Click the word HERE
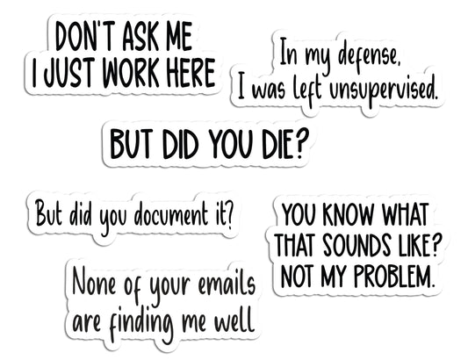(x=191, y=73)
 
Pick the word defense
(x=366, y=57)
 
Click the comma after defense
(x=396, y=64)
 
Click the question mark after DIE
(x=301, y=144)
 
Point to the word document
(x=170, y=213)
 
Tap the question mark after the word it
(x=228, y=214)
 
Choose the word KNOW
(x=348, y=214)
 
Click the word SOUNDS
(x=356, y=245)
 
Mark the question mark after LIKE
(x=434, y=245)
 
